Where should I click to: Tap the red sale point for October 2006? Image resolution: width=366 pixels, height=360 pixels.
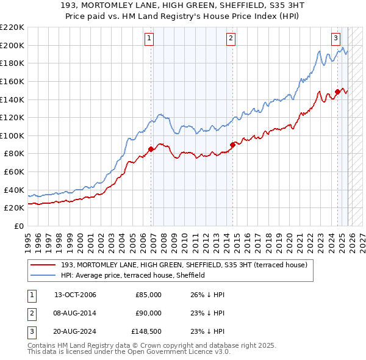click(x=151, y=148)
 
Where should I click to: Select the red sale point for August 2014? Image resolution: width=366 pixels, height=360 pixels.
click(x=232, y=145)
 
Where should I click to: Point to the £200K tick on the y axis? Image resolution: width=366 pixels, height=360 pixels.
click(x=12, y=45)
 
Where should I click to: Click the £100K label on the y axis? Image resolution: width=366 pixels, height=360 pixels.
click(x=12, y=135)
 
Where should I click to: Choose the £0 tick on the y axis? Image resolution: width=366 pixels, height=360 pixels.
click(x=18, y=226)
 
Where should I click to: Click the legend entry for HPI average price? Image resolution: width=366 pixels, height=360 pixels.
click(x=132, y=275)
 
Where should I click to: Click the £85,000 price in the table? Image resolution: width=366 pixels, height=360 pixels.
click(x=148, y=295)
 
